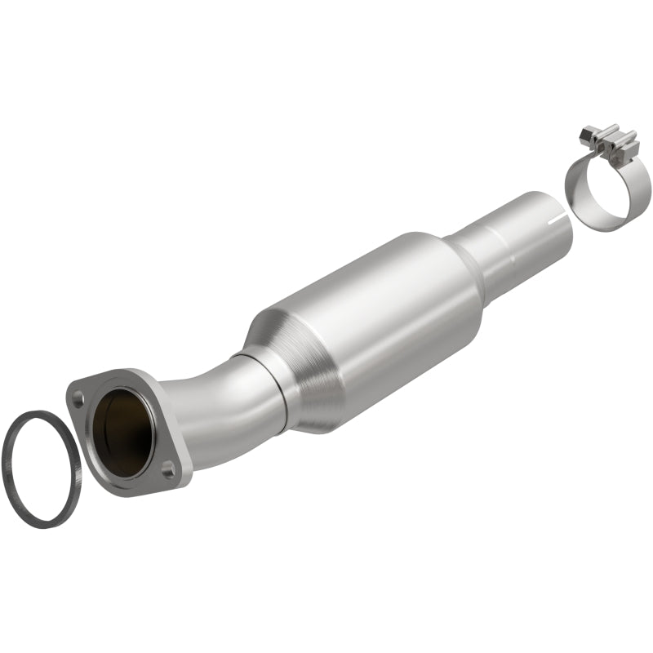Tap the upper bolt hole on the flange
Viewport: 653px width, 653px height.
coord(78,400)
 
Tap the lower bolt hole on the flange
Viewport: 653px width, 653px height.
coord(167,469)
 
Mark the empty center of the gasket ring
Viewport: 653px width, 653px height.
coord(41,469)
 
